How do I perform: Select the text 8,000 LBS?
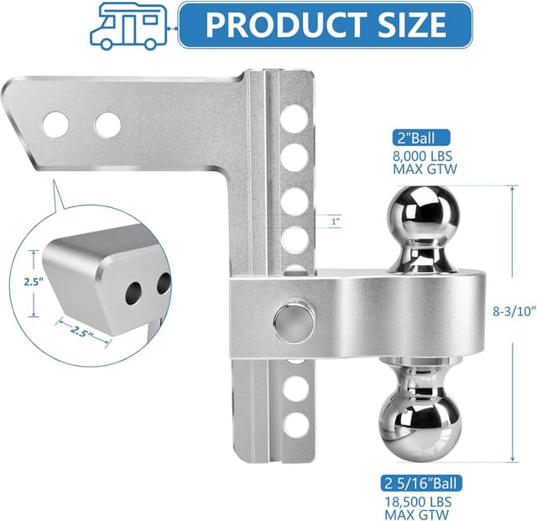click(423, 155)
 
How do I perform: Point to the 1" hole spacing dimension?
click(336, 221)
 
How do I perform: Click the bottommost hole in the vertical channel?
click(294, 425)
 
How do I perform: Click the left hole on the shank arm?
click(56, 124)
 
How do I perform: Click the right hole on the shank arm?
click(107, 124)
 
